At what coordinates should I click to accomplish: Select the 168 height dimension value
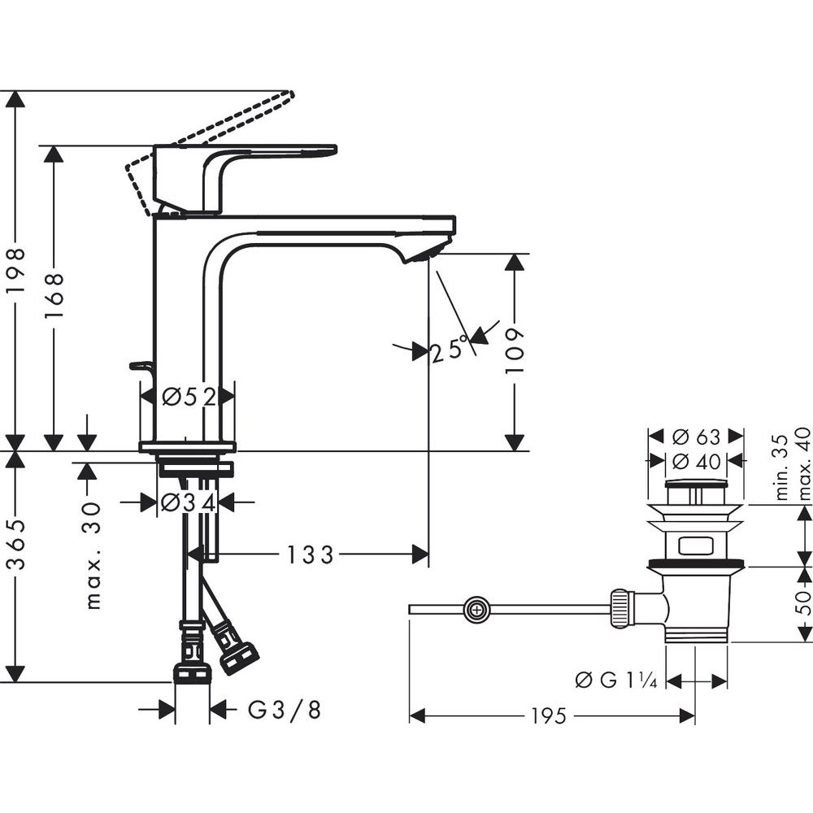(x=54, y=295)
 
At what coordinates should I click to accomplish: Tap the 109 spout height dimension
(x=515, y=350)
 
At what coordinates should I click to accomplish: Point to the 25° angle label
(x=449, y=349)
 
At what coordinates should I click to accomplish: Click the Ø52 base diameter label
(x=189, y=398)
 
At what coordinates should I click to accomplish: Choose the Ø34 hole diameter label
(x=188, y=502)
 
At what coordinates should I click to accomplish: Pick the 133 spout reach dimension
(x=310, y=555)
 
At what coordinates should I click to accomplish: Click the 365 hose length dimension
(x=16, y=544)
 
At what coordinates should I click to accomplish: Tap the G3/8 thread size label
(x=284, y=710)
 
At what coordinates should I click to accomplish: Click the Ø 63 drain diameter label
(x=696, y=437)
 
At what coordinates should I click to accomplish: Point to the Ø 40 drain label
(x=696, y=461)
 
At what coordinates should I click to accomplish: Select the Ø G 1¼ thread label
(x=616, y=680)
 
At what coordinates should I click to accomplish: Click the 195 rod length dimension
(x=549, y=716)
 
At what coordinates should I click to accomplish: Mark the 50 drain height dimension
(x=803, y=602)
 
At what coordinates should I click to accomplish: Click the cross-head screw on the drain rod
(x=476, y=609)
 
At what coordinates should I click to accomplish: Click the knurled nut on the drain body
(x=621, y=609)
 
